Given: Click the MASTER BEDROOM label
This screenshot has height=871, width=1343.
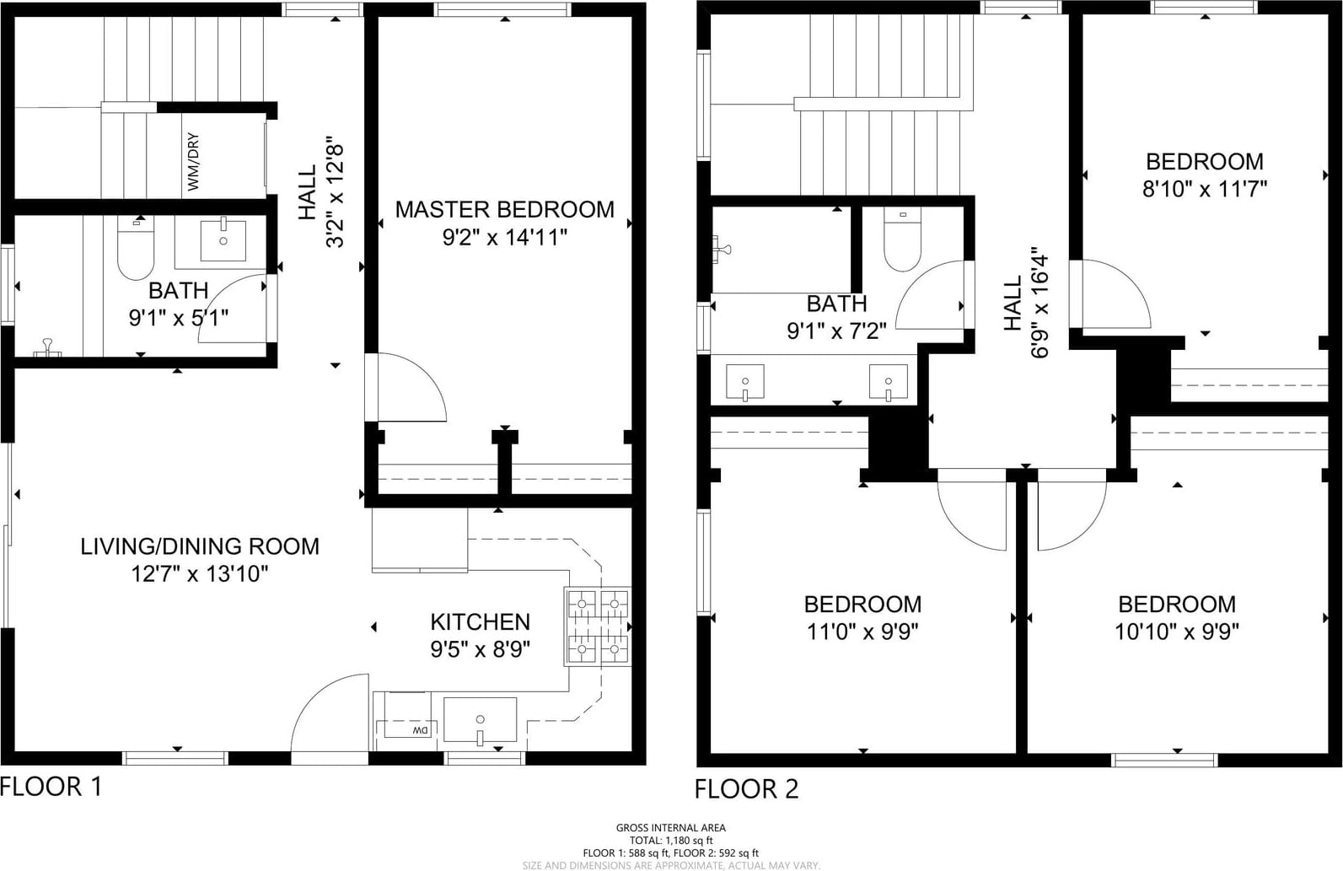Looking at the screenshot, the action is [505, 209].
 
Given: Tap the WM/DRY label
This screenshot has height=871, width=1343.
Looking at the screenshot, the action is [193, 162].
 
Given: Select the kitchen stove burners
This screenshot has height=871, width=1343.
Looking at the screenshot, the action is [598, 627].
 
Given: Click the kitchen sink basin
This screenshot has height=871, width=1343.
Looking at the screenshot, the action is [480, 719].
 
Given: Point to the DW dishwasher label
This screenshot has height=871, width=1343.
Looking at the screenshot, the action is [421, 731].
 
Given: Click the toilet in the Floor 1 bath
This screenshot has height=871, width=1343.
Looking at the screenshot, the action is [136, 248].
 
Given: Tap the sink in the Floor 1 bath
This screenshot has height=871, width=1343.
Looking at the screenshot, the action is [223, 240].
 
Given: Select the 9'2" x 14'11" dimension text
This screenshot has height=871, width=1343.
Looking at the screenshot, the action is [505, 238].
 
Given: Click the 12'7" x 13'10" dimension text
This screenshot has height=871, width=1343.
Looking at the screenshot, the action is [200, 574].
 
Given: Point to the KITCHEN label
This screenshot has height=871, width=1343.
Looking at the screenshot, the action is [481, 622].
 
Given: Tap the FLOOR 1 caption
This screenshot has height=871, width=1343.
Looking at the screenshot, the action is [51, 787].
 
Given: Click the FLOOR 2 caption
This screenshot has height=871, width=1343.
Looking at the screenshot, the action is [746, 789].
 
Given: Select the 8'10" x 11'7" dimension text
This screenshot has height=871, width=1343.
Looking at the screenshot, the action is [1205, 190].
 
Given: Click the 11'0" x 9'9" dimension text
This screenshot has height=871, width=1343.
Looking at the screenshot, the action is [862, 632].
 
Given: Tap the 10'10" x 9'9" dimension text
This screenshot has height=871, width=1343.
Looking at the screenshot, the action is [1177, 632].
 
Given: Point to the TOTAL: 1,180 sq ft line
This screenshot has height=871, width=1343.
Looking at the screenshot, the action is [671, 841].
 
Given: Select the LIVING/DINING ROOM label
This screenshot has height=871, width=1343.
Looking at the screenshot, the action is [200, 546].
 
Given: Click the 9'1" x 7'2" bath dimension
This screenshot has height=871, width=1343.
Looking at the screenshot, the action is [837, 331].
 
